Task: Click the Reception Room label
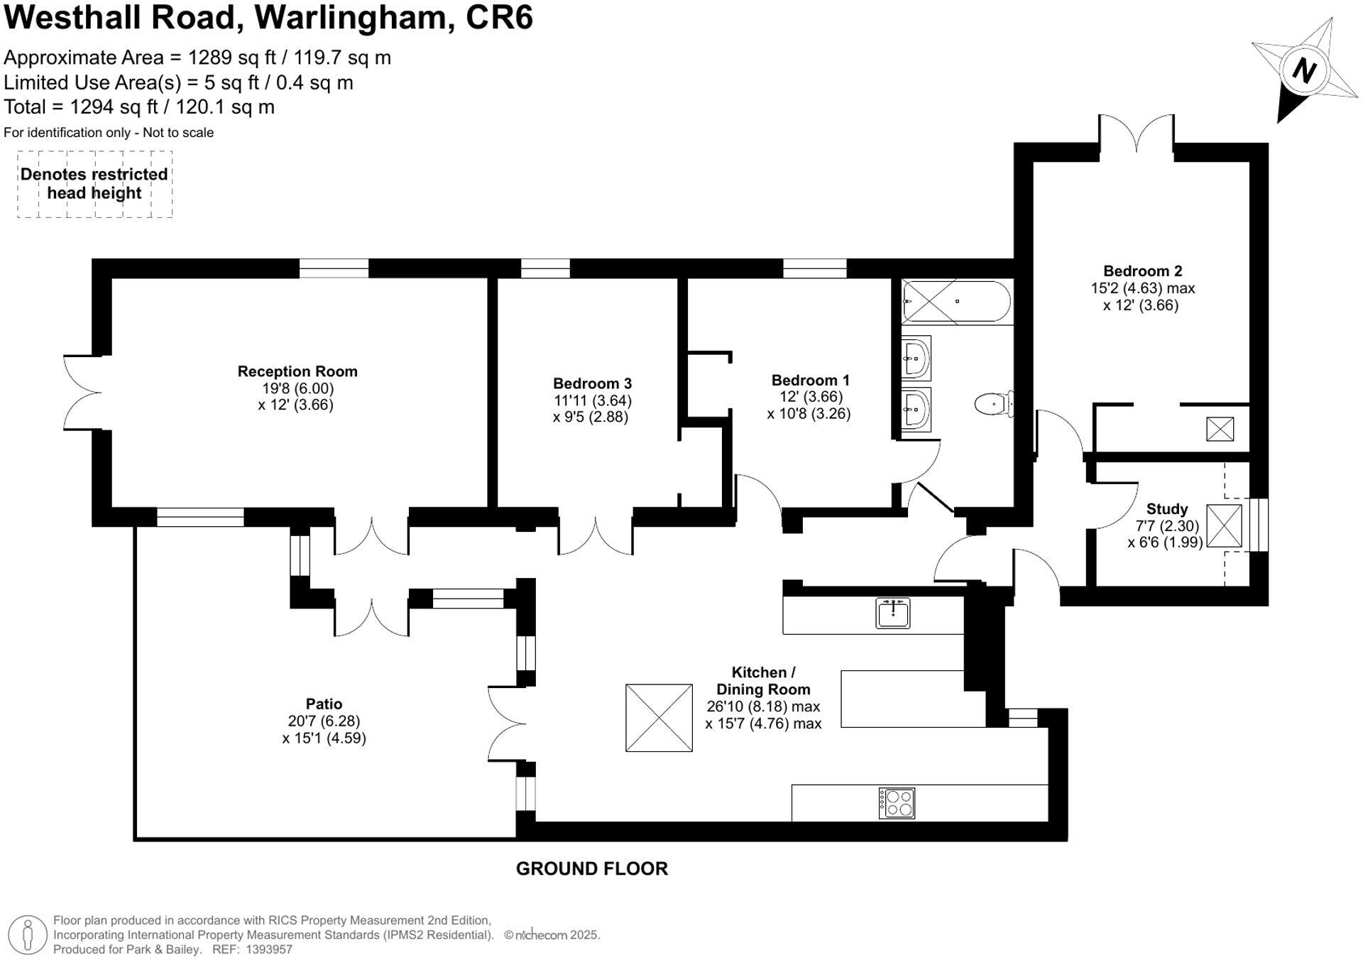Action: (297, 371)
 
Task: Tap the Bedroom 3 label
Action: (592, 383)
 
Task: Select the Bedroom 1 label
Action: (810, 380)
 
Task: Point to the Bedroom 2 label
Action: (1142, 271)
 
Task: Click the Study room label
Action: (1166, 509)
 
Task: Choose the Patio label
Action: (324, 704)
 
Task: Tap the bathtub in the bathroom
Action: (956, 302)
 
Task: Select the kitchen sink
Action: (893, 613)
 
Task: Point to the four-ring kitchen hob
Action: (897, 803)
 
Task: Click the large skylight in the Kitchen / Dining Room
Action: (659, 718)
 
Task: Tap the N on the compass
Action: (1303, 70)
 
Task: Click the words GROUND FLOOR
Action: (591, 868)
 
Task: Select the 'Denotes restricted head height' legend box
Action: (94, 184)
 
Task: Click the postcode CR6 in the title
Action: (499, 18)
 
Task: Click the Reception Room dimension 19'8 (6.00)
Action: (297, 388)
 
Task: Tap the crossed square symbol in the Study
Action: (1223, 526)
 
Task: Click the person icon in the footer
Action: (28, 934)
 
